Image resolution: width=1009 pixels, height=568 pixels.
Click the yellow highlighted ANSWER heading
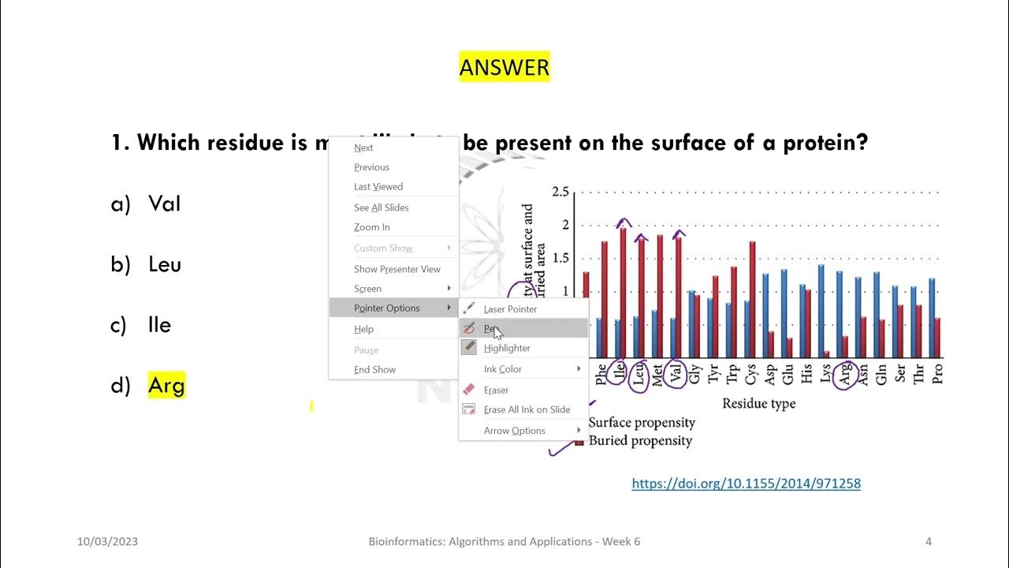[x=504, y=68]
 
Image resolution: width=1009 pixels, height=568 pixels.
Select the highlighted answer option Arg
[x=166, y=386]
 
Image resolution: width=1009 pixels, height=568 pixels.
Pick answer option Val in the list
[x=164, y=204]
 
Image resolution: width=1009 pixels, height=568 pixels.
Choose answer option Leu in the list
[x=164, y=264]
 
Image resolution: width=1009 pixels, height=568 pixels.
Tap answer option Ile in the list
[x=159, y=325]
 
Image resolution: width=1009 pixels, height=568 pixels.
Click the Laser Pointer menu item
[x=510, y=309]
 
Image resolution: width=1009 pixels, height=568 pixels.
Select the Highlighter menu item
[x=507, y=348]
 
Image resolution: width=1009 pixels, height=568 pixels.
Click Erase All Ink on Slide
[x=527, y=409]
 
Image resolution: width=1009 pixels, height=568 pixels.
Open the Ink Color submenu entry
[x=503, y=369]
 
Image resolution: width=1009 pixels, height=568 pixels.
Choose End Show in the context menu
[x=374, y=370]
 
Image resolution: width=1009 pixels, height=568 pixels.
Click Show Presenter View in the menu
[x=397, y=269]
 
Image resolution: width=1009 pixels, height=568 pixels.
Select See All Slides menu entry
[x=381, y=207]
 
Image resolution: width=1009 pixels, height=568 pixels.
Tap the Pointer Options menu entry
[x=386, y=308]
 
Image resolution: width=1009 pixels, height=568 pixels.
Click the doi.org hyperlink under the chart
[x=746, y=483]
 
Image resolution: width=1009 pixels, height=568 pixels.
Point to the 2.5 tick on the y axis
[x=560, y=192]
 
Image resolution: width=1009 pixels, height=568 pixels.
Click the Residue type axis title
[x=758, y=404]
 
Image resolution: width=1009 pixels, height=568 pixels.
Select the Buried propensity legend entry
[x=639, y=441]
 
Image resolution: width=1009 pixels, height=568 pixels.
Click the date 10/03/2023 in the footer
[x=107, y=542]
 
